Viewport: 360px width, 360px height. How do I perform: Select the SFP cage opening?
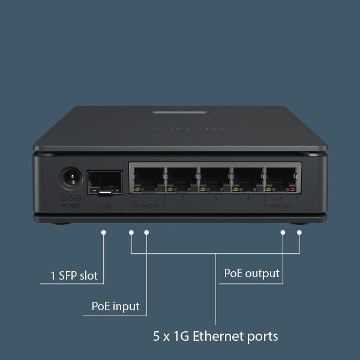click(x=106, y=182)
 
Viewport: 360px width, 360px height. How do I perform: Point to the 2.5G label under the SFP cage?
click(x=105, y=206)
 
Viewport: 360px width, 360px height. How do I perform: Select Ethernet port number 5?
click(x=280, y=178)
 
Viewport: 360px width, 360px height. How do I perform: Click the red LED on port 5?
click(x=293, y=190)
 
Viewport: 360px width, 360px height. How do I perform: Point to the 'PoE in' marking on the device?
click(x=149, y=205)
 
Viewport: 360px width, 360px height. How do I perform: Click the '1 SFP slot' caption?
click(x=74, y=276)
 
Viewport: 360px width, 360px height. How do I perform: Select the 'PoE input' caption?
click(x=115, y=306)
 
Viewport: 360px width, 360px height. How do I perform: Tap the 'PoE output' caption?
click(x=251, y=273)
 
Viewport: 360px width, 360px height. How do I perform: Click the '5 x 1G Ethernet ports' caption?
click(x=215, y=335)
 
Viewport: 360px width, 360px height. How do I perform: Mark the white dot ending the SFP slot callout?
click(x=104, y=232)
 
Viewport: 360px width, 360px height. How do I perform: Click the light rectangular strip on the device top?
click(x=180, y=112)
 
